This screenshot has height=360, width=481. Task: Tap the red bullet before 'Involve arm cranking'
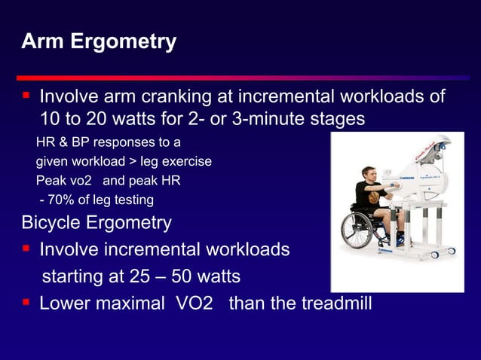tap(26, 96)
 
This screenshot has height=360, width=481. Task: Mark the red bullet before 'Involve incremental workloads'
tap(26, 249)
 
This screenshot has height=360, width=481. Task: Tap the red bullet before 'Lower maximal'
tap(26, 304)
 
